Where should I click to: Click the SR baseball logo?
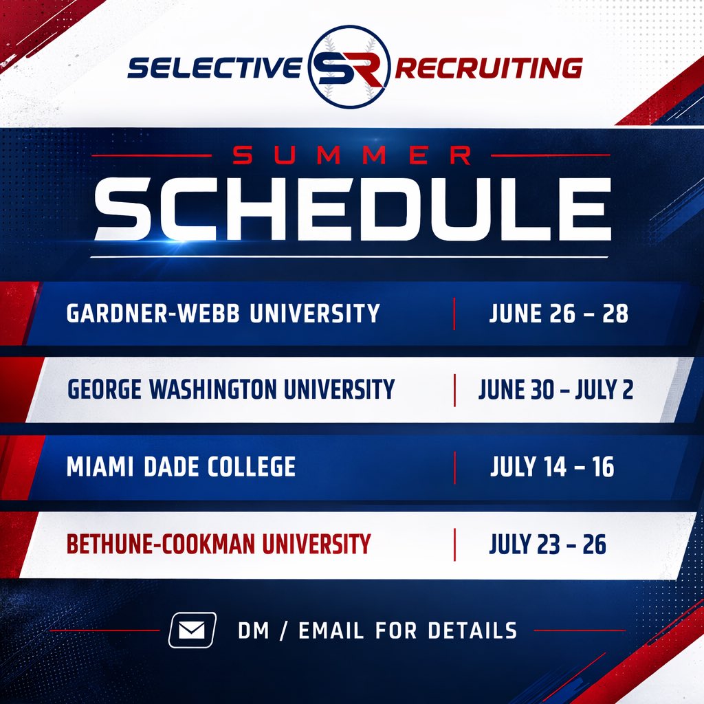click(349, 67)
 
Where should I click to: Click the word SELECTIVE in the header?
click(214, 68)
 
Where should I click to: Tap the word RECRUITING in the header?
click(489, 68)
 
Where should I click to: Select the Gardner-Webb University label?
click(223, 314)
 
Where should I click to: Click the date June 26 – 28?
click(558, 314)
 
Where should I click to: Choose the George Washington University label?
click(231, 390)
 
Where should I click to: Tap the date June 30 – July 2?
click(555, 390)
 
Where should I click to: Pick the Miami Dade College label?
click(181, 467)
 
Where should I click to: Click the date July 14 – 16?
click(552, 467)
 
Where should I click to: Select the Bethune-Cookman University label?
click(218, 544)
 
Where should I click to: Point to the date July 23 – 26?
click(547, 544)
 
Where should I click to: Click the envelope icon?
click(192, 630)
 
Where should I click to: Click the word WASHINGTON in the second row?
click(228, 390)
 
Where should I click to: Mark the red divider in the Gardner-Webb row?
click(454, 314)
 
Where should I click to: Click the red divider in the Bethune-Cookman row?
click(454, 544)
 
